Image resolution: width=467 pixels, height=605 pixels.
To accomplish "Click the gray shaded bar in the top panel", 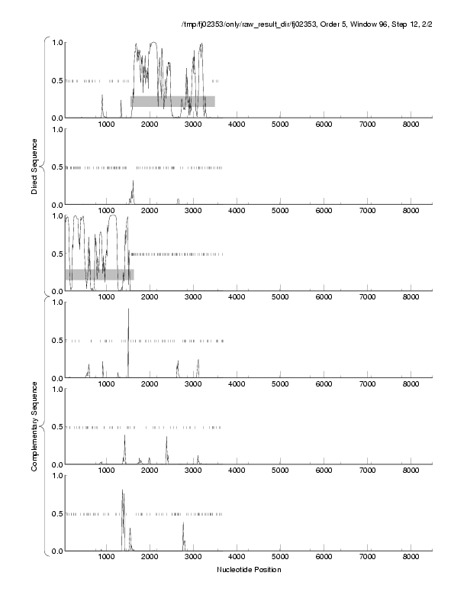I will point(172,101).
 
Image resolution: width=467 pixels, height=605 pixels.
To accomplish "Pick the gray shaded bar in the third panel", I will point(99,274).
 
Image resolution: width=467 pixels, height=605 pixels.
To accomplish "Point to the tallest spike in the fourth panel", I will point(128,310).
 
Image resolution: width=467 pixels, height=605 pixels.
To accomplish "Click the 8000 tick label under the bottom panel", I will point(411,558).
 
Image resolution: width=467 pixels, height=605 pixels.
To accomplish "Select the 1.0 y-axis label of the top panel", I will point(56,43).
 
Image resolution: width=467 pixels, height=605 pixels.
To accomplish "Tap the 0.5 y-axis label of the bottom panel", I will point(56,514).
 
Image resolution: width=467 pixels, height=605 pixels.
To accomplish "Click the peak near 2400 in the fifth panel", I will point(166,438).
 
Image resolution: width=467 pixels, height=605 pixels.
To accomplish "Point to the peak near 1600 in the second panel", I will point(133,182).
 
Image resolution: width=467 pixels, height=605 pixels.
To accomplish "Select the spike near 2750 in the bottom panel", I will point(183,525).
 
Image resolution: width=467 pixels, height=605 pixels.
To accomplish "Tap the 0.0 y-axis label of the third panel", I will point(56,292).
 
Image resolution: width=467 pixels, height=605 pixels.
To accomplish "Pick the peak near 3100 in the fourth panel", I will point(198,361).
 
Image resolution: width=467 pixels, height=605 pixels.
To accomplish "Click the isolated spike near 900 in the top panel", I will point(102,96).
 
